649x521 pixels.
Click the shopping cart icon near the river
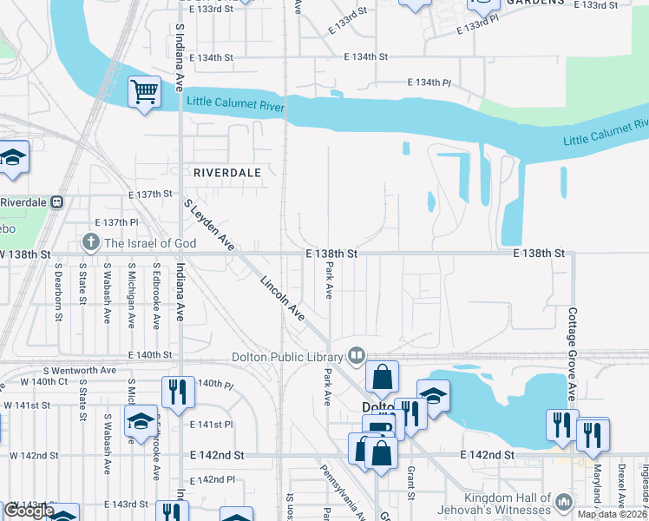tap(145, 91)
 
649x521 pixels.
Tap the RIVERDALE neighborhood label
tap(227, 173)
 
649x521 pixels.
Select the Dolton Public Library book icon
tap(356, 354)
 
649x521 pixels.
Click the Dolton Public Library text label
tap(288, 355)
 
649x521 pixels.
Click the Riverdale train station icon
tap(57, 201)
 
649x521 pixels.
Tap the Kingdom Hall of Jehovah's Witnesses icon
tap(563, 501)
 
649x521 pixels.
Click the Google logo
tap(29, 511)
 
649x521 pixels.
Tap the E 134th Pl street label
tap(429, 82)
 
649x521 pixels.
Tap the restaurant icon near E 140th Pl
tap(177, 392)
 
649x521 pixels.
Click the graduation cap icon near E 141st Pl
tap(140, 420)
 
